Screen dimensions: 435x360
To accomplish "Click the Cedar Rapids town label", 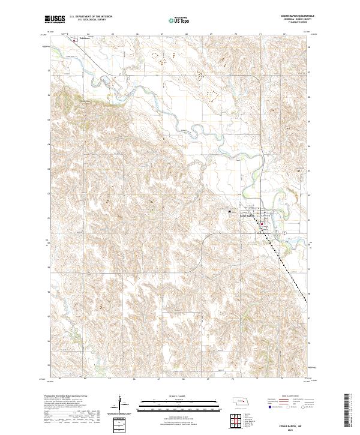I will (248, 217).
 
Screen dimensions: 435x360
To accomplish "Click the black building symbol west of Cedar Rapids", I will (229, 211).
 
